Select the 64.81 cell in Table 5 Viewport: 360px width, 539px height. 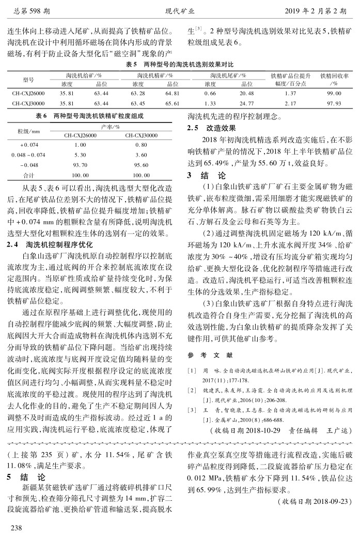click(x=173, y=93)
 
